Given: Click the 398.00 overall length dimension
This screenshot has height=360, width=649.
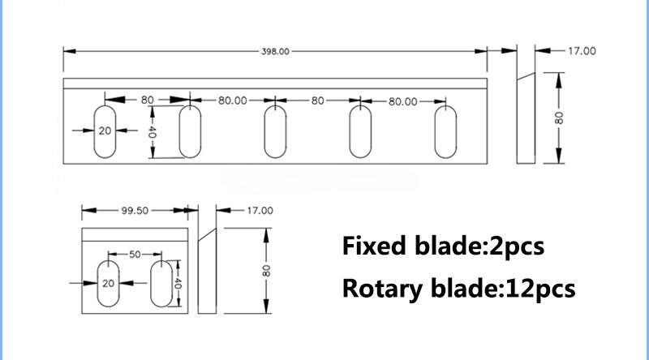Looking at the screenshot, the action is [275, 51].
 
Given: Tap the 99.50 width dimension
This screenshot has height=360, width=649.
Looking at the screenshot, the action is [135, 210].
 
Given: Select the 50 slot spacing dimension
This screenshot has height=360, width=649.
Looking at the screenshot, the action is [135, 255].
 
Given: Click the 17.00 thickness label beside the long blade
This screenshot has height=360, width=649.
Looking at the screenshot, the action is [582, 51].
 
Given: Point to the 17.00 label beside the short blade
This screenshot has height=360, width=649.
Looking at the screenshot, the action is [260, 211].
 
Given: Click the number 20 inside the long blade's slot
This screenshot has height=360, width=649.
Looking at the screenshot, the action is [105, 131].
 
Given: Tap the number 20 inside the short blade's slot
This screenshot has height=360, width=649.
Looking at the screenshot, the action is [108, 284].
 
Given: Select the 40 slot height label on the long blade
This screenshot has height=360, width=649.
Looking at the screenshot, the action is [152, 132].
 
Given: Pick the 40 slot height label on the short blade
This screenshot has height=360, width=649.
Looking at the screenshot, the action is [178, 284].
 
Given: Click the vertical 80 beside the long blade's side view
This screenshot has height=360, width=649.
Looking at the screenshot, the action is [559, 118].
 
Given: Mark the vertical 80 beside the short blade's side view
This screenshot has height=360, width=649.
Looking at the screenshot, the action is [266, 271].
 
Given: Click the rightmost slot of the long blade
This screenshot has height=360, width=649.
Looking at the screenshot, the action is [445, 132].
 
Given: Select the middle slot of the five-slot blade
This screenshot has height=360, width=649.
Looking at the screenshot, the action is [275, 132].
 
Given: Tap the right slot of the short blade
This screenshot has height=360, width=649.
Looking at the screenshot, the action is [161, 284].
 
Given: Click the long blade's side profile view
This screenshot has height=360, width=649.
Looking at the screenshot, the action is [526, 118].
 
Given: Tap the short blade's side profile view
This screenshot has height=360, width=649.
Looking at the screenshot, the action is [207, 271].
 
